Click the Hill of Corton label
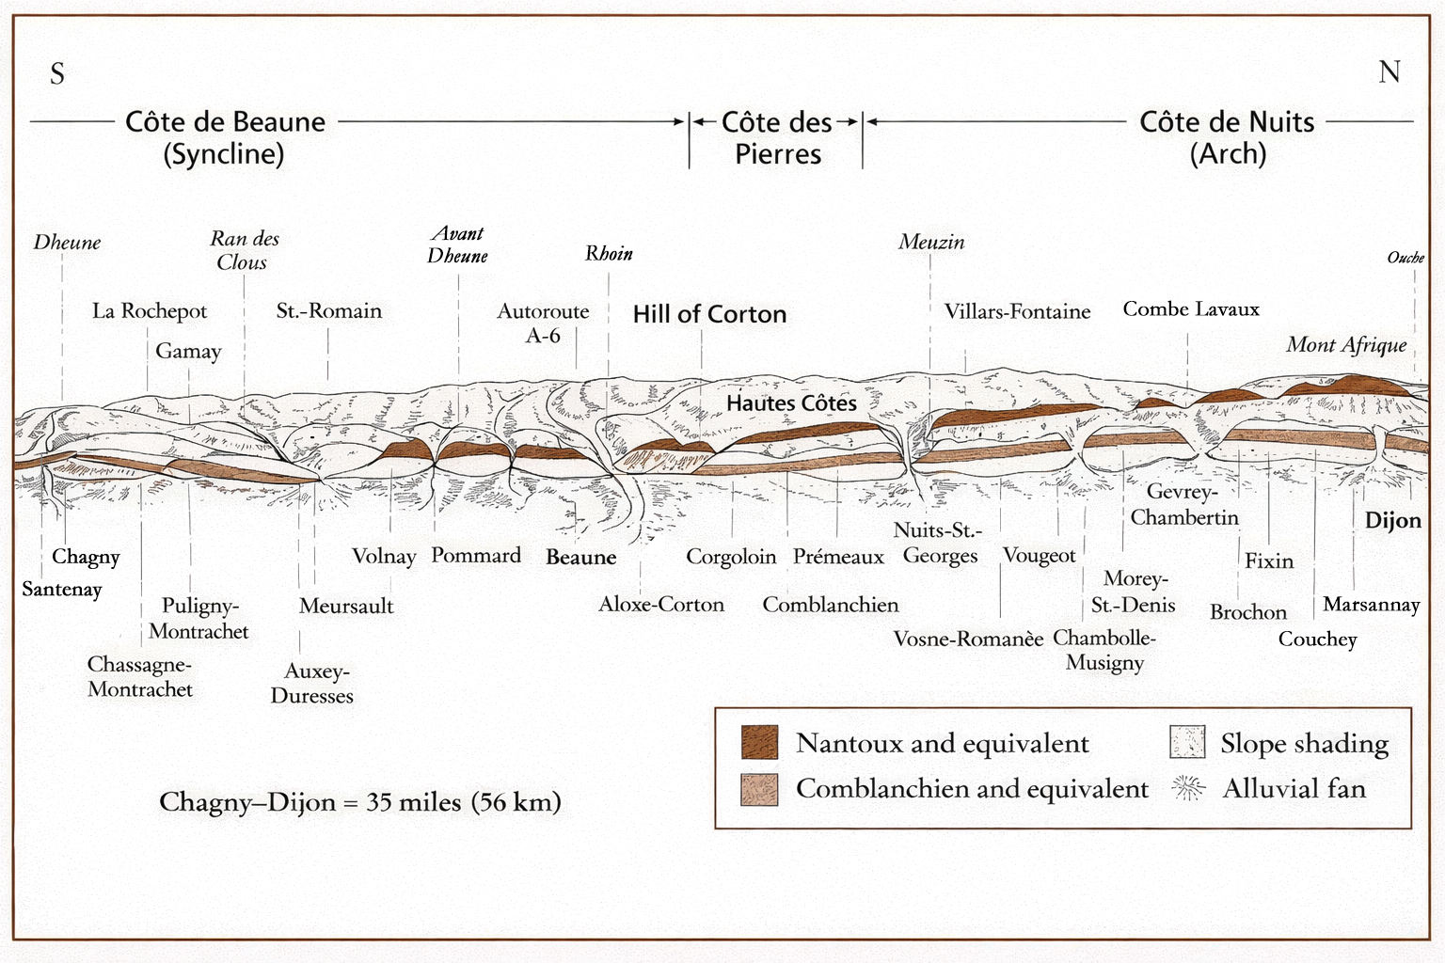[709, 314]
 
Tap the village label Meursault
[346, 607]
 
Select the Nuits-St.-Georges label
[939, 544]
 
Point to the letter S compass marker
[57, 74]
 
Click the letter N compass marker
[1389, 72]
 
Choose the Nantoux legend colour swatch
[759, 742]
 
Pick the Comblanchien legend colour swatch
[759, 789]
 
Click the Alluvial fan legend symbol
[1188, 788]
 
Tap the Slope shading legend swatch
[1187, 742]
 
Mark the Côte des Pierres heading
[777, 137]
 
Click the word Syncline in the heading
[224, 154]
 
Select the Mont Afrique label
[1346, 345]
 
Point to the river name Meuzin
[930, 243]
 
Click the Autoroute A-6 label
[543, 323]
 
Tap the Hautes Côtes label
[791, 403]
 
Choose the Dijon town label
[1392, 521]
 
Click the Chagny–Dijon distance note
[360, 802]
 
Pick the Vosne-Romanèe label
[968, 639]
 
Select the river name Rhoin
[609, 254]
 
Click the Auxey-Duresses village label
[312, 684]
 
